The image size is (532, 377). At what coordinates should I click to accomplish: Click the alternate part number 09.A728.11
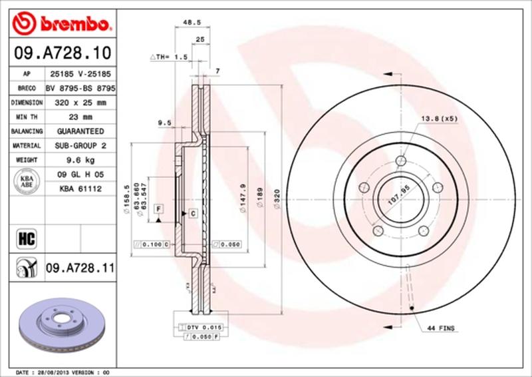[x=80, y=268]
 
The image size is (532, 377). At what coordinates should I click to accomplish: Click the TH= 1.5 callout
[x=170, y=58]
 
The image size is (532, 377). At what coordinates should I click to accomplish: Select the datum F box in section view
[x=159, y=209]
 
